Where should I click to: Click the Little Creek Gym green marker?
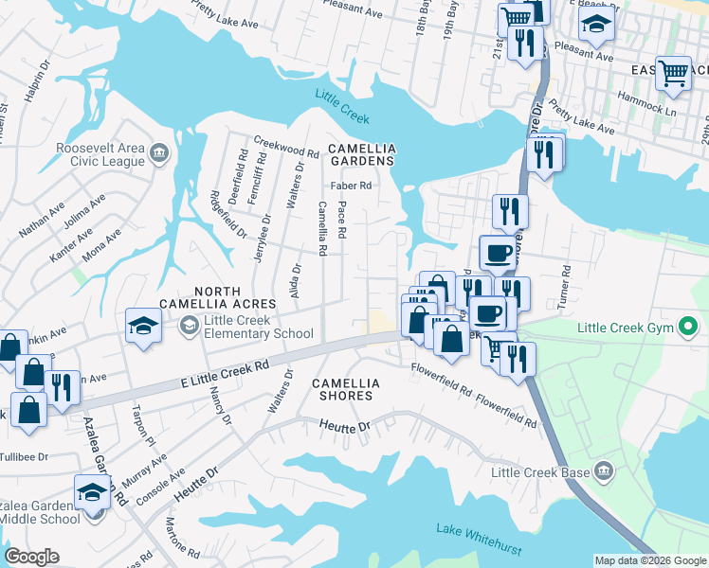(689, 328)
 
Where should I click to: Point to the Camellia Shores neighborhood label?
(346, 389)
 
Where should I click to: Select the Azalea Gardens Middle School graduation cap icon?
(92, 492)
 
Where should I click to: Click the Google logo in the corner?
(32, 557)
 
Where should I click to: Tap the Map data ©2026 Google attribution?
(649, 560)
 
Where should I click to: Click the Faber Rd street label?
(350, 186)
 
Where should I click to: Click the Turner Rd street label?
(566, 282)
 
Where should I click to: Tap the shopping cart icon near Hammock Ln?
(672, 71)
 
